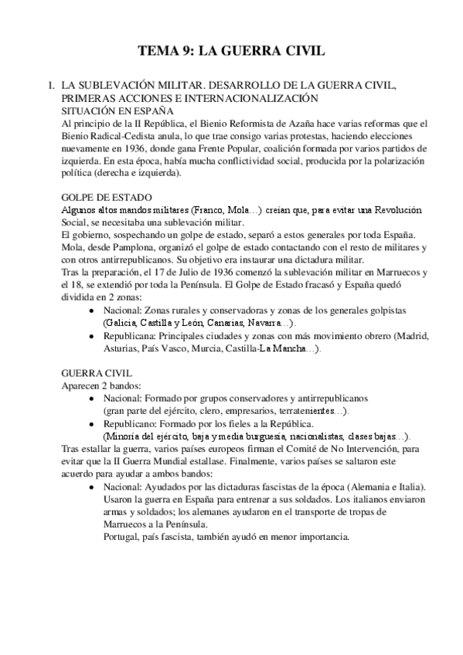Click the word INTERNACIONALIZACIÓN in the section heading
pyautogui.click(x=232, y=98)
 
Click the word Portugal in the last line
pyautogui.click(x=122, y=535)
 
